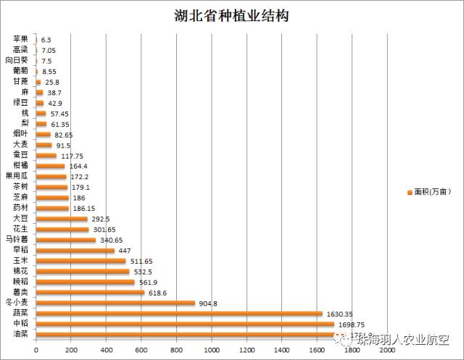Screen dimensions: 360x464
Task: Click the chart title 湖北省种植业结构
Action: (231, 15)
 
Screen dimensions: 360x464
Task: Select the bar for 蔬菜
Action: (179, 314)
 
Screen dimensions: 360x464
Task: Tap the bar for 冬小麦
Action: (115, 303)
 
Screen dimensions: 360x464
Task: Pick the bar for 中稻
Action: (185, 324)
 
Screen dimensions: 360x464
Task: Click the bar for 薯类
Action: (90, 293)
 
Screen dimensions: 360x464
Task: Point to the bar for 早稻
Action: (75, 251)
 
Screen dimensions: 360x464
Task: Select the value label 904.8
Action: (210, 304)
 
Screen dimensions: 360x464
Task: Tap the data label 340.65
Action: (113, 240)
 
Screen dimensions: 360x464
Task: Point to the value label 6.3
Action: (46, 40)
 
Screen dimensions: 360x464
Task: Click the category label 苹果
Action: (21, 39)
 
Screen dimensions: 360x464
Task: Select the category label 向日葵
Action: (17, 60)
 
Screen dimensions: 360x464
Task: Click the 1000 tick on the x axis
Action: (211, 350)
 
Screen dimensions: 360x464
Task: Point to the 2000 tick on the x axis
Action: (387, 350)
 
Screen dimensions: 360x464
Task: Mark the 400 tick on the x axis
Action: (106, 350)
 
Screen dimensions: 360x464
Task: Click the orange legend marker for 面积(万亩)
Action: (410, 192)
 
